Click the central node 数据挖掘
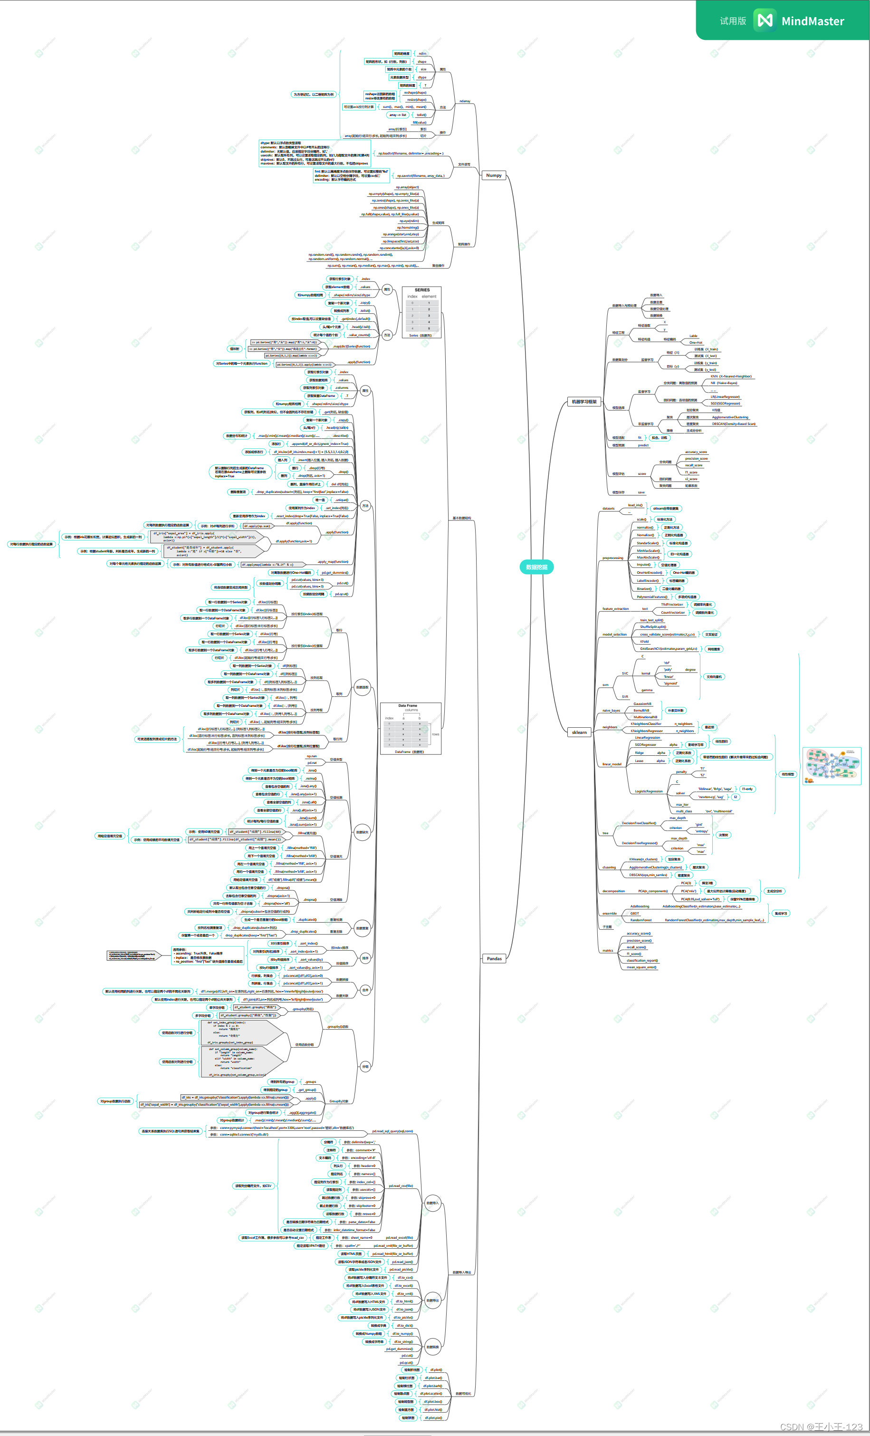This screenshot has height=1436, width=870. pyautogui.click(x=536, y=567)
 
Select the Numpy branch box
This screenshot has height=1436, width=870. pyautogui.click(x=494, y=175)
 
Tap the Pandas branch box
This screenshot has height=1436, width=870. pyautogui.click(x=494, y=959)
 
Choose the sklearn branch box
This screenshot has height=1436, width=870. pyautogui.click(x=579, y=732)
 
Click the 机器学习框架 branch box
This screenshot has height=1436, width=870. pyautogui.click(x=584, y=402)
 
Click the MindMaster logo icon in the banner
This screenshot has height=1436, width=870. pyautogui.click(x=765, y=20)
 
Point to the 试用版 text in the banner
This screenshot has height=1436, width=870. pyautogui.click(x=733, y=21)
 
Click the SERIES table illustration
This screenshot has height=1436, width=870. pyautogui.click(x=421, y=312)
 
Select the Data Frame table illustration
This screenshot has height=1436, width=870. pyautogui.click(x=410, y=729)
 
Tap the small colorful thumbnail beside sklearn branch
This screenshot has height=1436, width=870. pyautogui.click(x=832, y=766)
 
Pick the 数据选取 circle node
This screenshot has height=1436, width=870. pyautogui.click(x=363, y=687)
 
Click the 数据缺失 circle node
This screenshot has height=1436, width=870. pyautogui.click(x=363, y=832)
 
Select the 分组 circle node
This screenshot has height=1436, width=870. pyautogui.click(x=365, y=1067)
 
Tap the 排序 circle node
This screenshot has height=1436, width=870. pyautogui.click(x=365, y=958)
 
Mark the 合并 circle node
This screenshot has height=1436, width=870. pyautogui.click(x=365, y=990)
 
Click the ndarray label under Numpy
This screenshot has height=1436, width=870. pyautogui.click(x=464, y=101)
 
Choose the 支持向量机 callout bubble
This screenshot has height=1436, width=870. pyautogui.click(x=714, y=676)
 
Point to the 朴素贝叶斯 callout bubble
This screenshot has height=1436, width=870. pyautogui.click(x=676, y=711)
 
